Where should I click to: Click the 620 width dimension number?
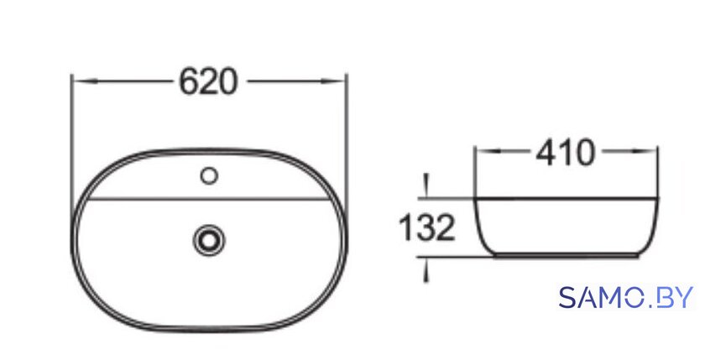click(208, 82)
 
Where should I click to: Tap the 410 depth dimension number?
click(565, 154)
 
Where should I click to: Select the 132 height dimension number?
click(427, 228)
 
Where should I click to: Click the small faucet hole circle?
click(209, 175)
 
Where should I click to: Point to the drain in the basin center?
click(209, 240)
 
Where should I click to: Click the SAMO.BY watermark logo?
click(626, 297)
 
